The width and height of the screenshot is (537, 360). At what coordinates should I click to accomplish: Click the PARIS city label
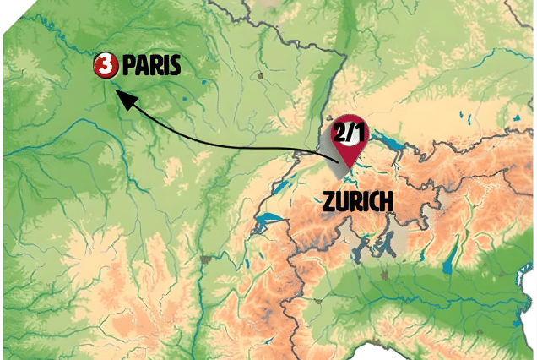click(151, 65)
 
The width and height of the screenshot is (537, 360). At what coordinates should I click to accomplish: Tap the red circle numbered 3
click(106, 64)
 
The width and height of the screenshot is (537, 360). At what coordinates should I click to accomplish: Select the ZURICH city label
click(357, 201)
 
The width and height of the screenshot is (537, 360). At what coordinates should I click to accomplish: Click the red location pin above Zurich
click(350, 136)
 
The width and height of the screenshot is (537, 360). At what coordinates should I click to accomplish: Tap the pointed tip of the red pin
click(346, 166)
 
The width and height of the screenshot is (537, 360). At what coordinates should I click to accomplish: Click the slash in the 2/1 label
click(350, 132)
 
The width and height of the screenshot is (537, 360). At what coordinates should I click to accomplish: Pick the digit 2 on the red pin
click(340, 132)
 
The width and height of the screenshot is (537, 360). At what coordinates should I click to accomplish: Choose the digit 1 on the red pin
click(359, 132)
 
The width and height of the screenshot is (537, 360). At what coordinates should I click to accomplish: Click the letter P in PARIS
click(128, 65)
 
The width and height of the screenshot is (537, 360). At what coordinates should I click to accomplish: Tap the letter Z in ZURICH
click(328, 201)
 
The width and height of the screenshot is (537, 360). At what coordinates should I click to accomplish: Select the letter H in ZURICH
click(388, 201)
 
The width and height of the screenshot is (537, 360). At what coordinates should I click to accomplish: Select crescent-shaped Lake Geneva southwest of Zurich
click(270, 224)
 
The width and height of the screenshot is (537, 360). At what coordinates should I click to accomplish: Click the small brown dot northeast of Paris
click(263, 76)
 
